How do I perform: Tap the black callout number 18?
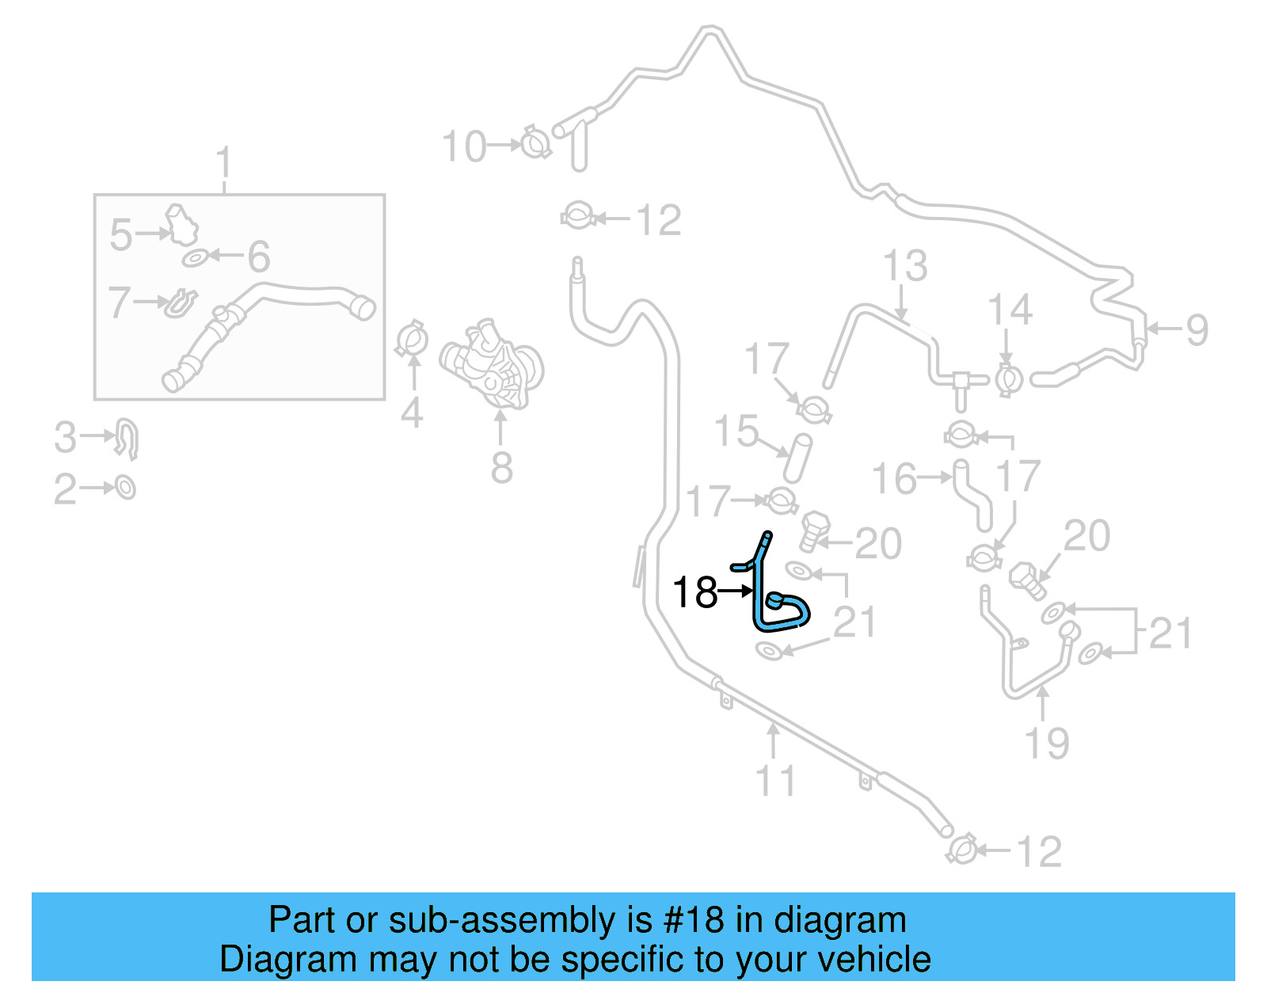(x=694, y=591)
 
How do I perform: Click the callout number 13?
(x=904, y=266)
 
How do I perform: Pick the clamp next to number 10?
(x=536, y=143)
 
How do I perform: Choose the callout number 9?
(x=1196, y=329)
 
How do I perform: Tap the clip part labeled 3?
(x=127, y=438)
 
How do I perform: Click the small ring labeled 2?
(x=126, y=487)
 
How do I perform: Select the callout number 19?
(x=1046, y=742)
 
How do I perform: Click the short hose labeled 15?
(x=797, y=457)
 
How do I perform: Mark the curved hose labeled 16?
(x=972, y=495)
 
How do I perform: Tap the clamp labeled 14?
(x=1008, y=378)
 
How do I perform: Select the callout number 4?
(x=412, y=413)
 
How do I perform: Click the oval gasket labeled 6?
(x=195, y=258)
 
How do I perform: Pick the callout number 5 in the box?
(x=121, y=235)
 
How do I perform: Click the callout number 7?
(x=119, y=302)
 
